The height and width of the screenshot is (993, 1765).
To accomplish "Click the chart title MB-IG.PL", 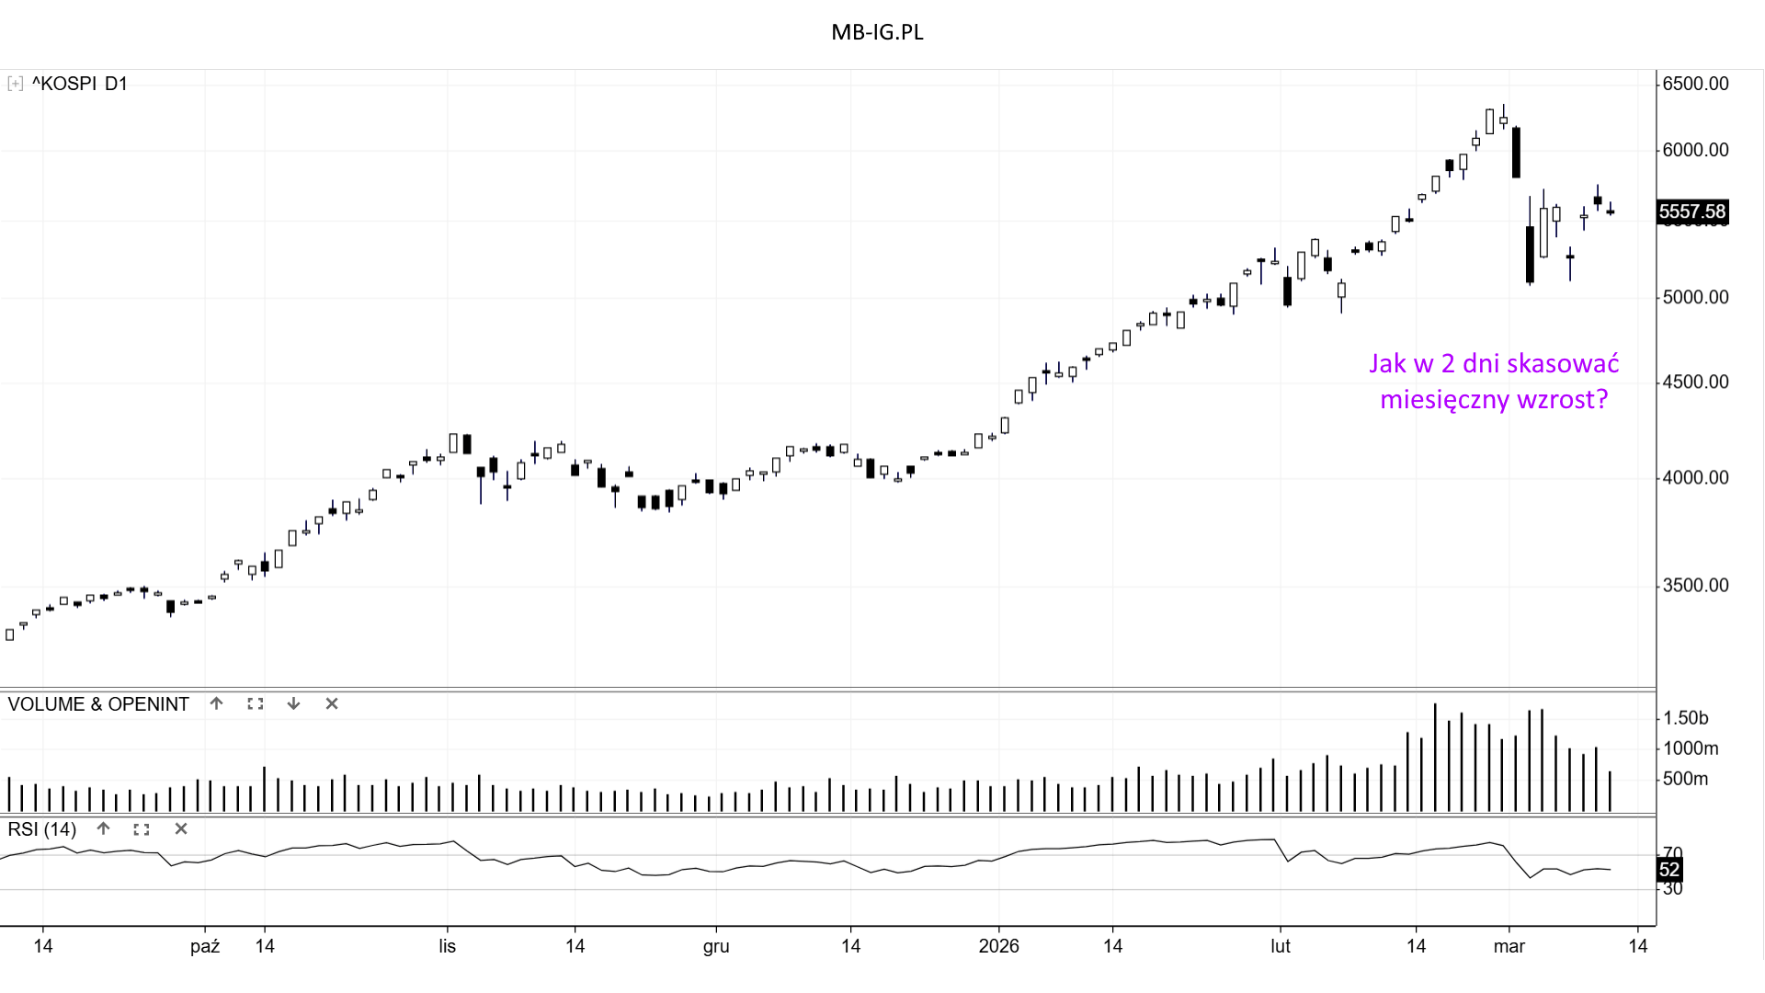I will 877,32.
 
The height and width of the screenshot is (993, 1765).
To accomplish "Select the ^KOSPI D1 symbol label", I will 79,84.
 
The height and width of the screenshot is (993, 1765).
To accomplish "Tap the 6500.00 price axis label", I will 1695,84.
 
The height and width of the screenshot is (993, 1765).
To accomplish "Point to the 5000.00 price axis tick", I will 1695,297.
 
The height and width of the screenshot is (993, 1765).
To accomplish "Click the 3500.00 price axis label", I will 1695,586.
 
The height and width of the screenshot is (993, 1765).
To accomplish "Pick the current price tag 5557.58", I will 1691,211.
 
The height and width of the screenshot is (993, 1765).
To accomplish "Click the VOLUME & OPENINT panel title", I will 98,704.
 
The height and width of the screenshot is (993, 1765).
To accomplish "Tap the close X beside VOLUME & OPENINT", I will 332,703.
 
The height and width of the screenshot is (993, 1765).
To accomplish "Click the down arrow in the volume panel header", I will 293,703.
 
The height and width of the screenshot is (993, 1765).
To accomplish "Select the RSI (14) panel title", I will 42,829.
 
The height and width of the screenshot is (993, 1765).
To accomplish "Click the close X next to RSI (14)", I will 181,828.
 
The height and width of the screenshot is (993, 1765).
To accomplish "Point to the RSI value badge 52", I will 1669,870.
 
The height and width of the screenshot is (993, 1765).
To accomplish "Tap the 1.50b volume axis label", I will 1685,718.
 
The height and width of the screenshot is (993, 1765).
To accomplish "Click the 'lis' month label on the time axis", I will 447,946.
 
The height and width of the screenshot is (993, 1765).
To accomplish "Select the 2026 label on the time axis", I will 998,946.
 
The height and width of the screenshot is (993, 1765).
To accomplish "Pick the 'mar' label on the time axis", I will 1509,946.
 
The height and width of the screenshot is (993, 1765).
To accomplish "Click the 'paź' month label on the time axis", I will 205,946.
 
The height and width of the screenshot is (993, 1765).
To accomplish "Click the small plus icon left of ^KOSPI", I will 15,84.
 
